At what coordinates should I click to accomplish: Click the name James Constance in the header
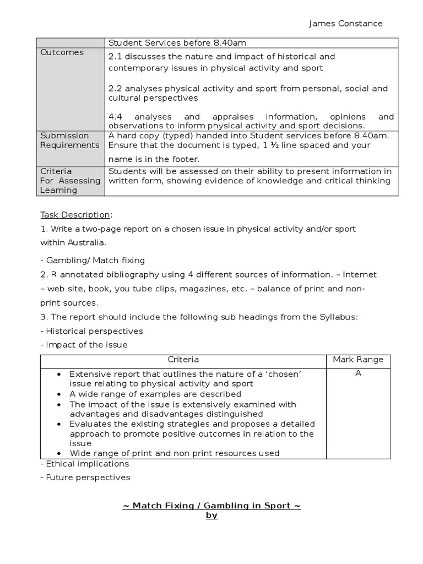click(345, 23)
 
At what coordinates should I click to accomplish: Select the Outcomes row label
click(62, 52)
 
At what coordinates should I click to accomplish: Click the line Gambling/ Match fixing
click(93, 260)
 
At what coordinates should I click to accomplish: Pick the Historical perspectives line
click(92, 331)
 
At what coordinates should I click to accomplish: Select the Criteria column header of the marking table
click(183, 360)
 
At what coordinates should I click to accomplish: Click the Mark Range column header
click(358, 360)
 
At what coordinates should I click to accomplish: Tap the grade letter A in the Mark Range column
click(358, 373)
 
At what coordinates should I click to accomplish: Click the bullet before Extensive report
click(59, 375)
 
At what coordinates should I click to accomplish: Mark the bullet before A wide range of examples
click(59, 394)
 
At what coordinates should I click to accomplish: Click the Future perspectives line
click(85, 478)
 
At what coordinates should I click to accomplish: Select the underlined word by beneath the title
click(211, 516)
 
